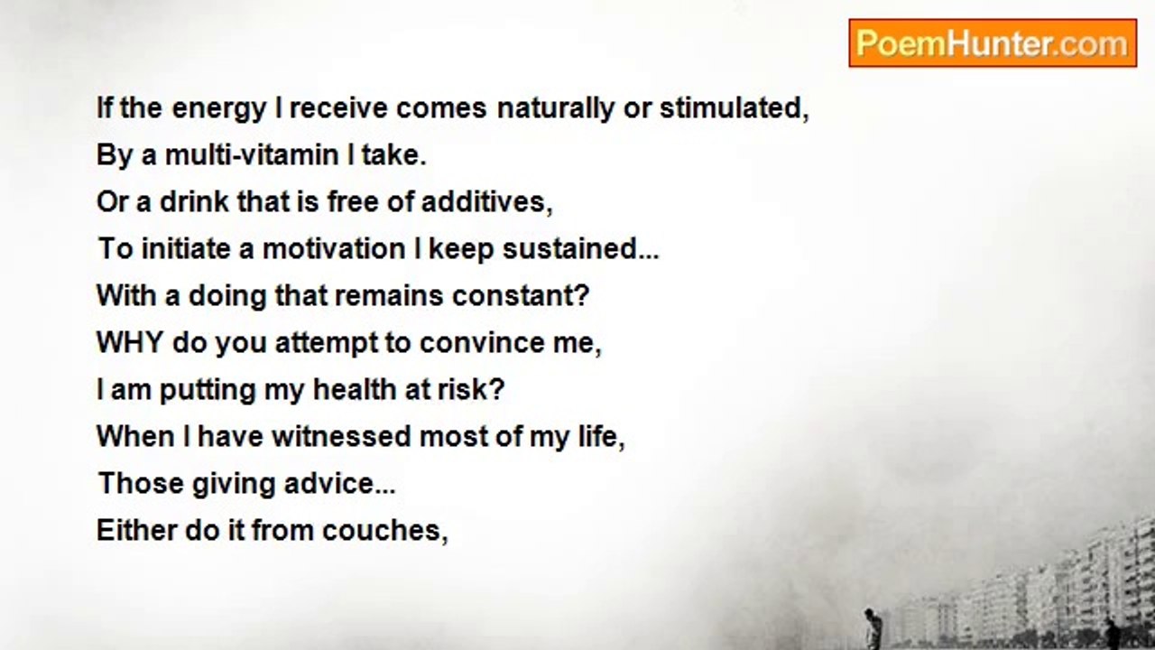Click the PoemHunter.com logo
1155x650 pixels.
click(x=993, y=43)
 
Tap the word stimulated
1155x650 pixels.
click(x=731, y=108)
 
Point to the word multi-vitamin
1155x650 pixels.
click(x=251, y=156)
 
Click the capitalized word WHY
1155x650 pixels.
click(x=130, y=342)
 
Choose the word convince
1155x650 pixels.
click(x=482, y=343)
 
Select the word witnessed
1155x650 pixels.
click(x=341, y=436)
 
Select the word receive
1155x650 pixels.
click(x=338, y=109)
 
